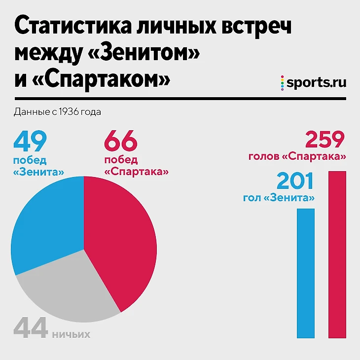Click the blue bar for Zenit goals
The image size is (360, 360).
click(x=305, y=273)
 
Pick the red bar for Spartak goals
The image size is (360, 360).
click(x=337, y=254)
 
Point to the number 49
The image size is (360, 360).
click(x=30, y=142)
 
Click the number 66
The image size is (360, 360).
click(x=120, y=142)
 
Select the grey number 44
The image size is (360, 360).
click(x=31, y=328)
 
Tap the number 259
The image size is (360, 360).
click(x=324, y=140)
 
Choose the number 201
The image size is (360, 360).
click(x=295, y=181)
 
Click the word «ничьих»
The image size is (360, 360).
click(x=71, y=335)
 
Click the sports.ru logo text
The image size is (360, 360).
click(x=316, y=82)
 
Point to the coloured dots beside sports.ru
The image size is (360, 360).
click(x=283, y=82)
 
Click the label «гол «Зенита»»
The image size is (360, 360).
click(x=279, y=198)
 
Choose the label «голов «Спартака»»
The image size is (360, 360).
click(x=296, y=157)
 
